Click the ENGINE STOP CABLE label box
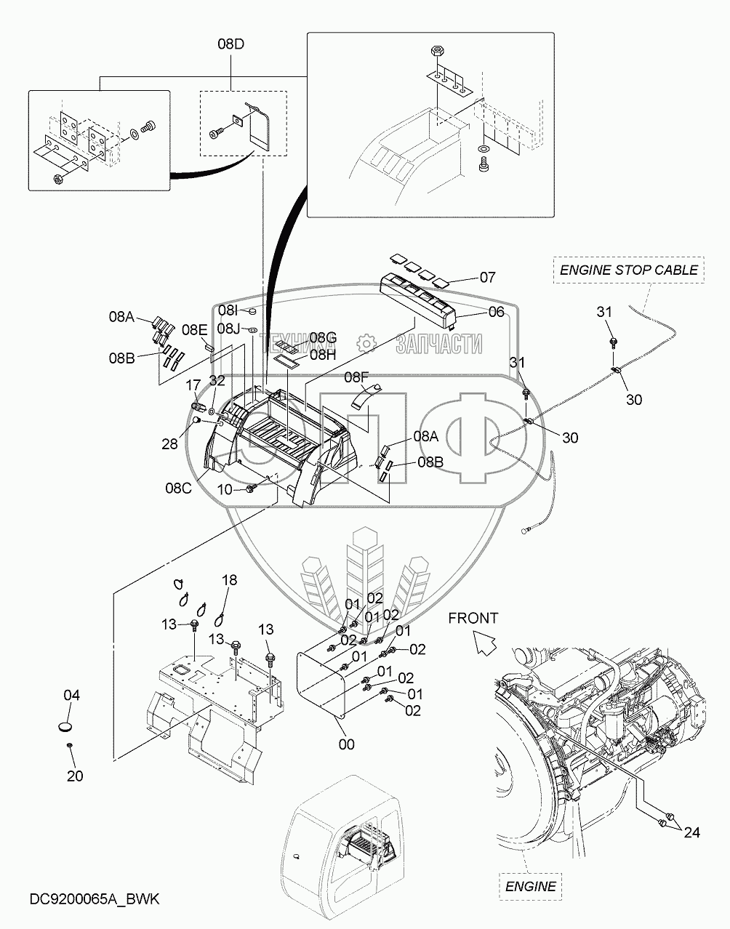tap(628, 270)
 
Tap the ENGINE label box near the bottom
tap(530, 886)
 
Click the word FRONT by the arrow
tap(473, 618)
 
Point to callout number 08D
tap(231, 44)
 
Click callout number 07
tap(488, 278)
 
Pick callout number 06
tap(496, 312)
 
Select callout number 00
tap(346, 744)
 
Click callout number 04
tap(71, 695)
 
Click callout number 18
tap(230, 580)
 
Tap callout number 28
tap(169, 444)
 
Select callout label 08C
tap(178, 488)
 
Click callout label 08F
tap(356, 377)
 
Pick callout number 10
tap(225, 489)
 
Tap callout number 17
tap(193, 385)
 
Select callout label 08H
tap(323, 355)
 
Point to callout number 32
tap(217, 380)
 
